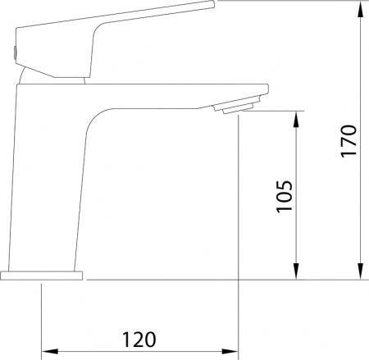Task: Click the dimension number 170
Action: [x=348, y=141]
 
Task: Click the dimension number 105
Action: [x=285, y=196]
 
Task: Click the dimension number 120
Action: [x=139, y=339]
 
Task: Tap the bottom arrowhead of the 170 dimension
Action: [x=361, y=271]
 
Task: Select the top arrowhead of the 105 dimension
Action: [x=296, y=120]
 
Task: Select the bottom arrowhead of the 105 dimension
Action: [x=296, y=271]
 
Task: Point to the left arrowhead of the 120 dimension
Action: [x=50, y=351]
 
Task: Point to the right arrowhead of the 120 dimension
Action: [x=230, y=351]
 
